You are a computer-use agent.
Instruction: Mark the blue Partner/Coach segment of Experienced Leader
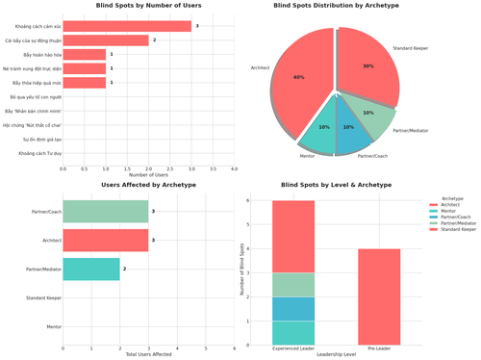[x=292, y=308]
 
